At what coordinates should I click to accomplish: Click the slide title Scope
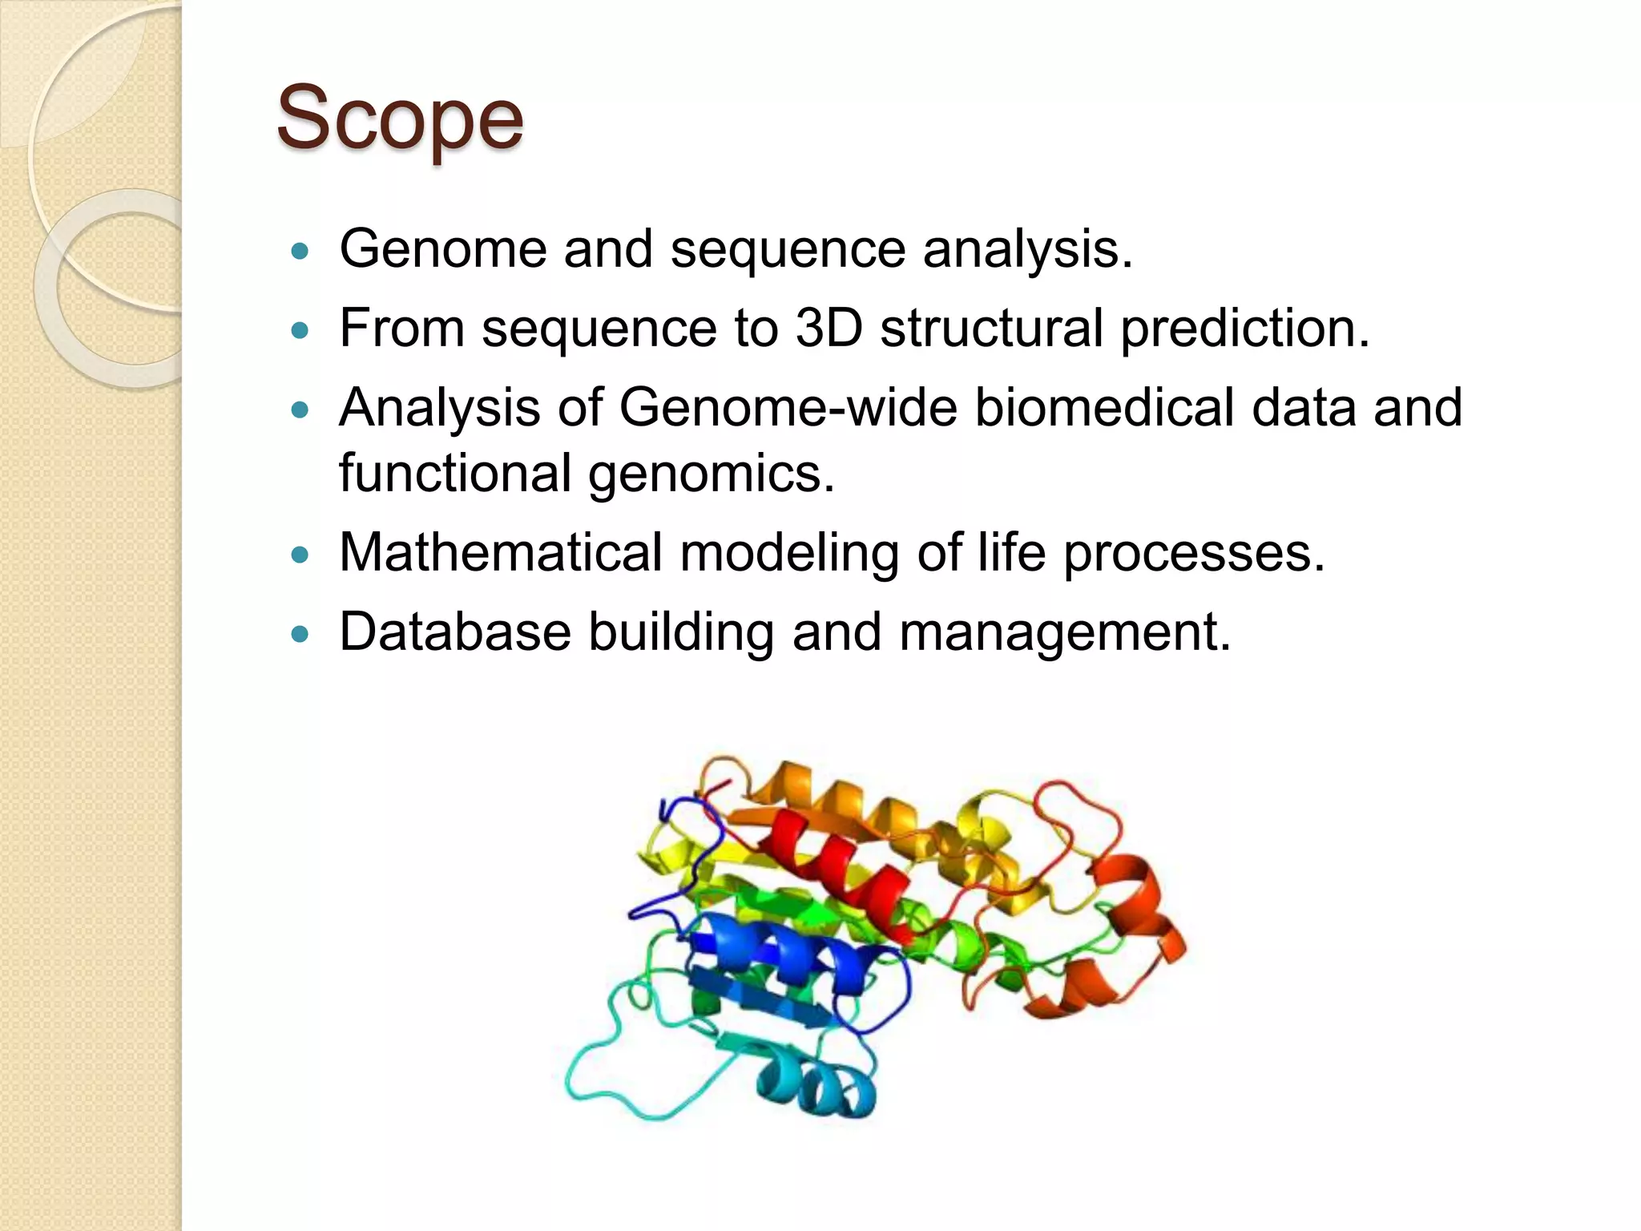[399, 119]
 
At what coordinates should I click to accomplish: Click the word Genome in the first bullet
[443, 248]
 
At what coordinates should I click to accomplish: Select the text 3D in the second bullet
[828, 328]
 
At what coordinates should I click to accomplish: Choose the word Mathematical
[500, 552]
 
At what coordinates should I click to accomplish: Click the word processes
[1193, 552]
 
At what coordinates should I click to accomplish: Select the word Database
[455, 632]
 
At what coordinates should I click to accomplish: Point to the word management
[1064, 632]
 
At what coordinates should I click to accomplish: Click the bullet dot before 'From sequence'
[300, 330]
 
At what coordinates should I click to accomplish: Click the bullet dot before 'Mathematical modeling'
[300, 555]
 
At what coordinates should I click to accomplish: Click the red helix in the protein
[833, 866]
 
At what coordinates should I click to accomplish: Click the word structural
[991, 328]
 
